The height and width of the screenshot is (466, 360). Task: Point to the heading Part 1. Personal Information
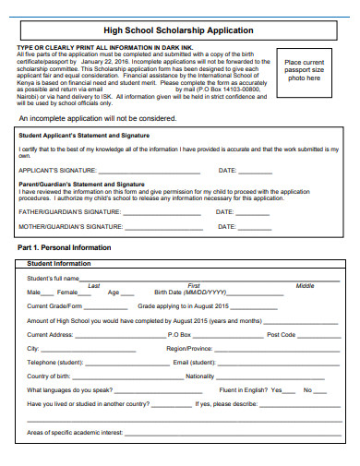tap(65, 248)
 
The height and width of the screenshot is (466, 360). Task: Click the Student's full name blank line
tap(203, 279)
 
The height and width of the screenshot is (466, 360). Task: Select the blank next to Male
tap(50, 293)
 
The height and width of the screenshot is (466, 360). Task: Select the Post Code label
tap(281, 334)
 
